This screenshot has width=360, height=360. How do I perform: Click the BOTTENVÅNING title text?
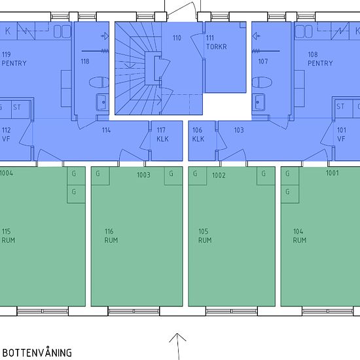[x=37, y=352]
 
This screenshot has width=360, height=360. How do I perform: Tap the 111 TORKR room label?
[x=216, y=43]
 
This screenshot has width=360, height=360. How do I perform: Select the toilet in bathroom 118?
[x=99, y=82]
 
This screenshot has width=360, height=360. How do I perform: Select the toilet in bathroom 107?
[x=262, y=82]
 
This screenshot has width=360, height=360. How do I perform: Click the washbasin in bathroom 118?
[x=102, y=102]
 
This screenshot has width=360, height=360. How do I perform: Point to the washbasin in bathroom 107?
[x=259, y=102]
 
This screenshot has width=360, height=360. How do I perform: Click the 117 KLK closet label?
[x=162, y=135]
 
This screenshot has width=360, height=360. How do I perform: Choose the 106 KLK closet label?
[x=198, y=135]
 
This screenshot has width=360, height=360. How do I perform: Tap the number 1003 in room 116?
[x=143, y=175]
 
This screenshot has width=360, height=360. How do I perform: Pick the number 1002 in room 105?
[x=219, y=175]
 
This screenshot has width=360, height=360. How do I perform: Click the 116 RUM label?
[x=111, y=236]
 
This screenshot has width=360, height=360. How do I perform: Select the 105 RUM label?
[x=205, y=236]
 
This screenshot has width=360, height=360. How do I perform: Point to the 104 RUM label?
[x=300, y=236]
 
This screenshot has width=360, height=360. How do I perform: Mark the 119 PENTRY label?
[x=14, y=59]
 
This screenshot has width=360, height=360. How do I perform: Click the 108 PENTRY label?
[x=320, y=59]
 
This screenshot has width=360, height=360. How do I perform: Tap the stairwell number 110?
[x=177, y=38]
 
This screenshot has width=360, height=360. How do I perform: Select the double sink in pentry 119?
[x=62, y=31]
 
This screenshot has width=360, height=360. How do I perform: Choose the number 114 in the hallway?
[x=106, y=130]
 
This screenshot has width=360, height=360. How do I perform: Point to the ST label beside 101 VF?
[x=340, y=107]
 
